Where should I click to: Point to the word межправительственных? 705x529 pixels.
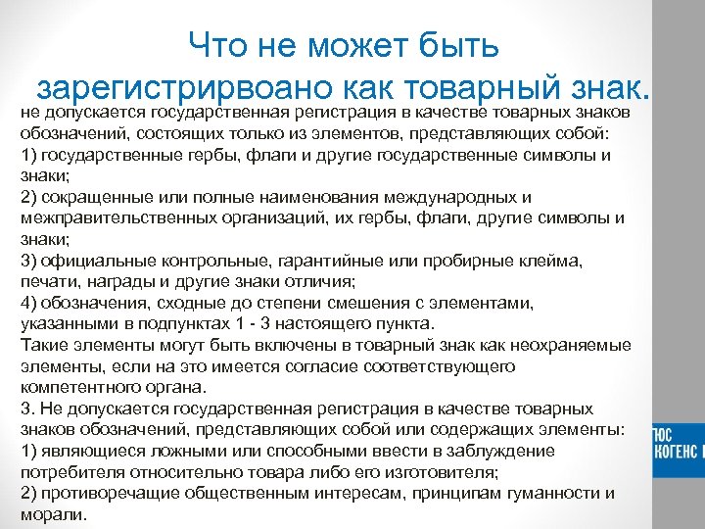109,217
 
